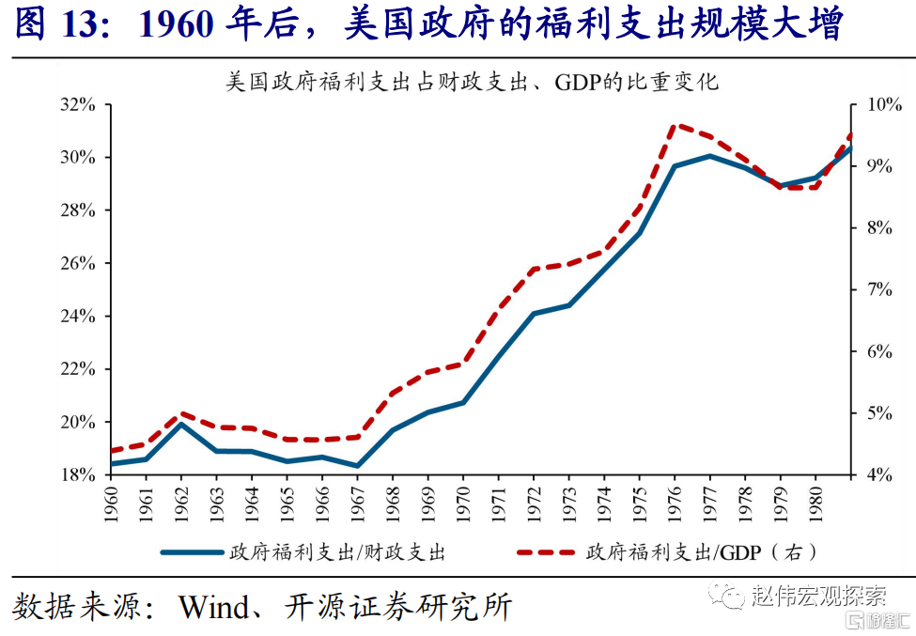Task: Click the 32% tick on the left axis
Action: click(x=80, y=104)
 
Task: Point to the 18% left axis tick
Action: click(x=80, y=474)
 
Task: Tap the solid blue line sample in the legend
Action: click(x=192, y=552)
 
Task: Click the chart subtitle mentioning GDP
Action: click(x=472, y=82)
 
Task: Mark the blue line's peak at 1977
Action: click(x=709, y=156)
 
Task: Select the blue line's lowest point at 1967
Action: click(x=358, y=466)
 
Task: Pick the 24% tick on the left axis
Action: click(x=80, y=316)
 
